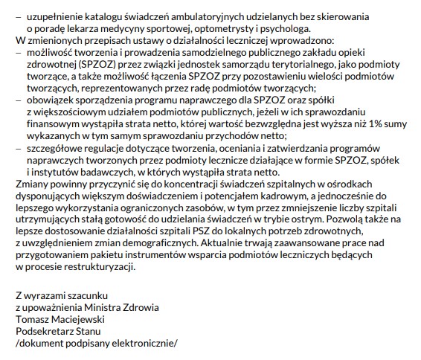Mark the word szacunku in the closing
click(75, 294)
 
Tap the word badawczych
click(103, 173)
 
